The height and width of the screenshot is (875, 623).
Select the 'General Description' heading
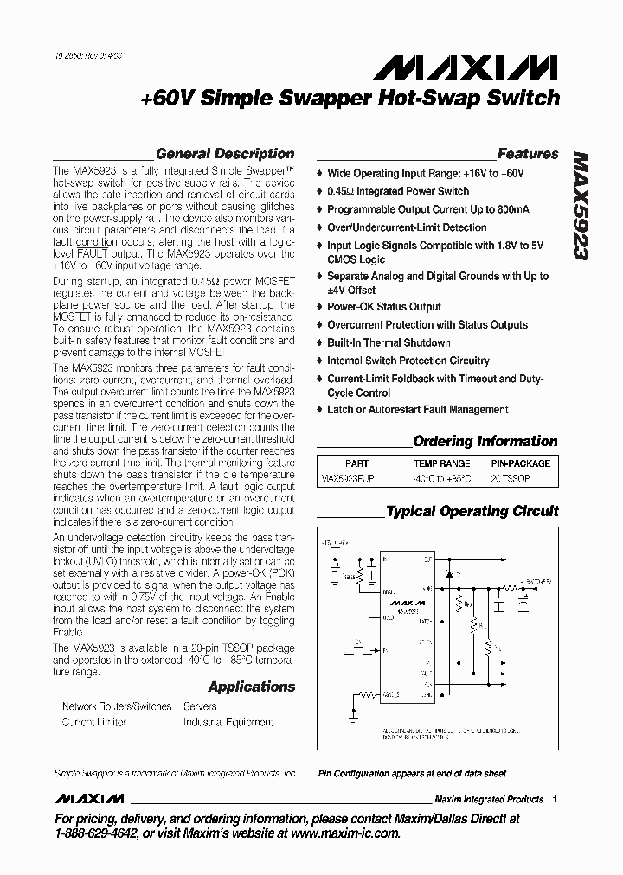pyautogui.click(x=224, y=154)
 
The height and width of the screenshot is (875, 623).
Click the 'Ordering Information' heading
pyautogui.click(x=485, y=441)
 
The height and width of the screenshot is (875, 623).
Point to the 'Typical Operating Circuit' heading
pyautogui.click(x=472, y=511)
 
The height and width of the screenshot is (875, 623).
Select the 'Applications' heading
pyautogui.click(x=252, y=687)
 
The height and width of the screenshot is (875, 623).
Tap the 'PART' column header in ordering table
pyautogui.click(x=356, y=463)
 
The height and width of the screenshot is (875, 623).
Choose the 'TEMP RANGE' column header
pyautogui.click(x=441, y=463)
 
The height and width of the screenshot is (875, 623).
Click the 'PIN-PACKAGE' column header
pyautogui.click(x=520, y=463)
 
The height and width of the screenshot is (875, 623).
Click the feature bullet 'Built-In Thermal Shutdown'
pyautogui.click(x=389, y=342)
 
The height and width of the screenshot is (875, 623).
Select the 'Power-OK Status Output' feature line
pyautogui.click(x=383, y=307)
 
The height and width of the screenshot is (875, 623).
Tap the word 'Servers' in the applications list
pyautogui.click(x=200, y=706)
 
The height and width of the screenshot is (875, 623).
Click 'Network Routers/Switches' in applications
pyautogui.click(x=117, y=706)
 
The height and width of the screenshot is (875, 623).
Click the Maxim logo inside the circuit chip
pyautogui.click(x=407, y=601)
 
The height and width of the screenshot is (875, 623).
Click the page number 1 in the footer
pyautogui.click(x=554, y=799)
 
